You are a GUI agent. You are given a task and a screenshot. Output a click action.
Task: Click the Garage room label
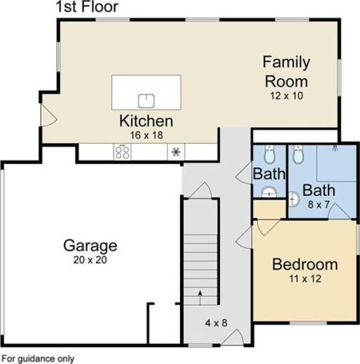tap(90, 246)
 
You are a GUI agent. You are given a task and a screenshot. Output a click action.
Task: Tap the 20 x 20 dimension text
tap(90, 260)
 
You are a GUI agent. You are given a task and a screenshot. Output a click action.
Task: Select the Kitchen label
tap(146, 121)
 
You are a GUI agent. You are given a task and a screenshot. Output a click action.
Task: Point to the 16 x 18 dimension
tap(146, 135)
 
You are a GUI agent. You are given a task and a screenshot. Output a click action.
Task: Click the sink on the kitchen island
tap(146, 101)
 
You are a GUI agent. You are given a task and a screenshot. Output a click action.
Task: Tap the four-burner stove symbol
tap(122, 152)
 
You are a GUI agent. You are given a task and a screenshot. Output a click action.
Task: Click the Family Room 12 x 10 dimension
tap(286, 96)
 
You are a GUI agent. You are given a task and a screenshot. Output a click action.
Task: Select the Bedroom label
tap(305, 265)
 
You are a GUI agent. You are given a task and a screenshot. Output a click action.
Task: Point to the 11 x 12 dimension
tap(305, 279)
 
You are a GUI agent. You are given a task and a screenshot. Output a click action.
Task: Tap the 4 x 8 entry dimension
tap(216, 323)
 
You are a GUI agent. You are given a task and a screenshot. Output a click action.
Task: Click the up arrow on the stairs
tap(200, 297)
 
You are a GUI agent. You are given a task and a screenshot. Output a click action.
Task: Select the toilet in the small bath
tap(269, 155)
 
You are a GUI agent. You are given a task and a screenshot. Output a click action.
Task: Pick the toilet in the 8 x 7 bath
tap(298, 155)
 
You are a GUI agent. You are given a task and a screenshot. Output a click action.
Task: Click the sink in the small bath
tap(269, 192)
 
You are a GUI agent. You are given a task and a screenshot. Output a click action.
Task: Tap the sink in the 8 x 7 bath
tap(294, 199)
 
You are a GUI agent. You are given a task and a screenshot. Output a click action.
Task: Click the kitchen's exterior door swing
tap(49, 115)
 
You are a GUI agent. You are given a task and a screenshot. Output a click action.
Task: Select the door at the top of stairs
tap(200, 190)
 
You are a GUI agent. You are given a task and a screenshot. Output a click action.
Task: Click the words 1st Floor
tap(87, 7)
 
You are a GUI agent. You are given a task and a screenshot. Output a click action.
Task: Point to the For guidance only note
tap(38, 359)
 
